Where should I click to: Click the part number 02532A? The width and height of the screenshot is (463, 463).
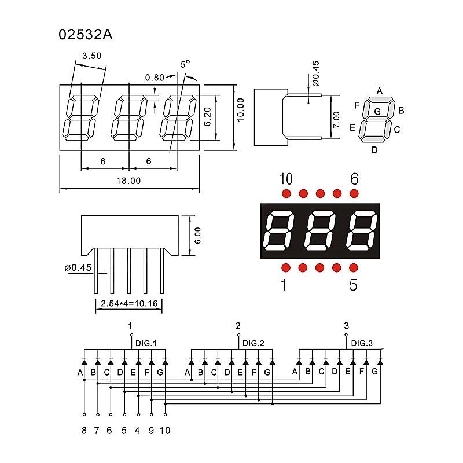(85, 34)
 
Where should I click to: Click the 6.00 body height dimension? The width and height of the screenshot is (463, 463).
(198, 235)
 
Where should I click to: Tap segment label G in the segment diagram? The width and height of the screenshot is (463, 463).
(377, 111)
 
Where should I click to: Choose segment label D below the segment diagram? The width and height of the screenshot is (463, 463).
(374, 150)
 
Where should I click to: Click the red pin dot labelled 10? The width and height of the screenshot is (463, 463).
(286, 193)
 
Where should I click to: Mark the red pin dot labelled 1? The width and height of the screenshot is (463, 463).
(286, 267)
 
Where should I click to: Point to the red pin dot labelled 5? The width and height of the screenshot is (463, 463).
(354, 267)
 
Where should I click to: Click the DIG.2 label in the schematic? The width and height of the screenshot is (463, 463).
(253, 343)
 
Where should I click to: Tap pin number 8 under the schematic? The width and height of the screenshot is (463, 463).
(84, 430)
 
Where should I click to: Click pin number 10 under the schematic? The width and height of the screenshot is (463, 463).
(165, 430)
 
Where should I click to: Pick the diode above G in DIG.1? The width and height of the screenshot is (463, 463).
(165, 362)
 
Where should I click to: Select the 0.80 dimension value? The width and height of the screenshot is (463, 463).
(155, 78)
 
